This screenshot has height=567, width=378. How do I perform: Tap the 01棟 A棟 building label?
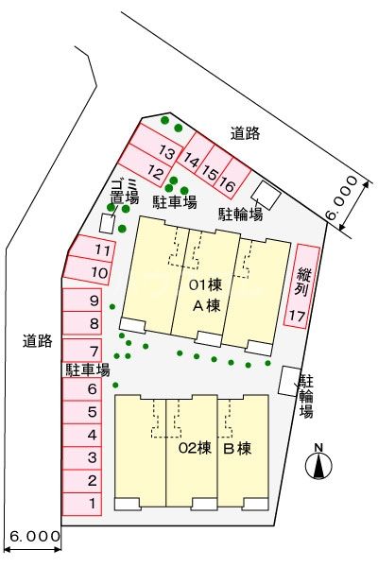(206, 295)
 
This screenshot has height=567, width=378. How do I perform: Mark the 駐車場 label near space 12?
(175, 201)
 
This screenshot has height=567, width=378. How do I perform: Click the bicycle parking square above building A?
(266, 195)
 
